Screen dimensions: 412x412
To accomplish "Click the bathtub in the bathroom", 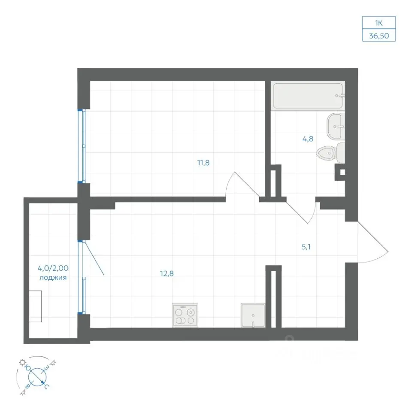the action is click(x=308, y=96).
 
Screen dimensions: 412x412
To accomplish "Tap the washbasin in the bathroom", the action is click(x=336, y=126).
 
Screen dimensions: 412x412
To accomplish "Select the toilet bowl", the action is click(x=330, y=153).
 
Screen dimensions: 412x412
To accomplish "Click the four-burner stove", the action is click(x=185, y=315).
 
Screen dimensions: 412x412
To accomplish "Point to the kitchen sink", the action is click(x=253, y=315).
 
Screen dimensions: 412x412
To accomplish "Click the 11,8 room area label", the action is click(x=203, y=163).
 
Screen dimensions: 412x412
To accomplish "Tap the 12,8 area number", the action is click(x=167, y=273).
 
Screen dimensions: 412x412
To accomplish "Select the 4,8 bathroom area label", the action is click(x=308, y=139).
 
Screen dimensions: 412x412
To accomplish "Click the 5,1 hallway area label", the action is click(x=306, y=247).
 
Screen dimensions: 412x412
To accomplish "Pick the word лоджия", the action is click(x=53, y=278).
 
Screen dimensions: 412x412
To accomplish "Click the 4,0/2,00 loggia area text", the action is click(x=53, y=268).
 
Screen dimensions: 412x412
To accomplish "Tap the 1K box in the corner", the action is click(x=379, y=23).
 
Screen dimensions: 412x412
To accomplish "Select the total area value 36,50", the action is click(x=379, y=36).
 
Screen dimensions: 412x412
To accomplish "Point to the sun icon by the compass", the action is click(x=22, y=363).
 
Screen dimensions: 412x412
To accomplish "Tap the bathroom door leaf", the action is click(x=297, y=213).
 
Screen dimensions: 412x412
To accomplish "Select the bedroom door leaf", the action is click(x=247, y=185).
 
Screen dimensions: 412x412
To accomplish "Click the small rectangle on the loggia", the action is click(x=35, y=306).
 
